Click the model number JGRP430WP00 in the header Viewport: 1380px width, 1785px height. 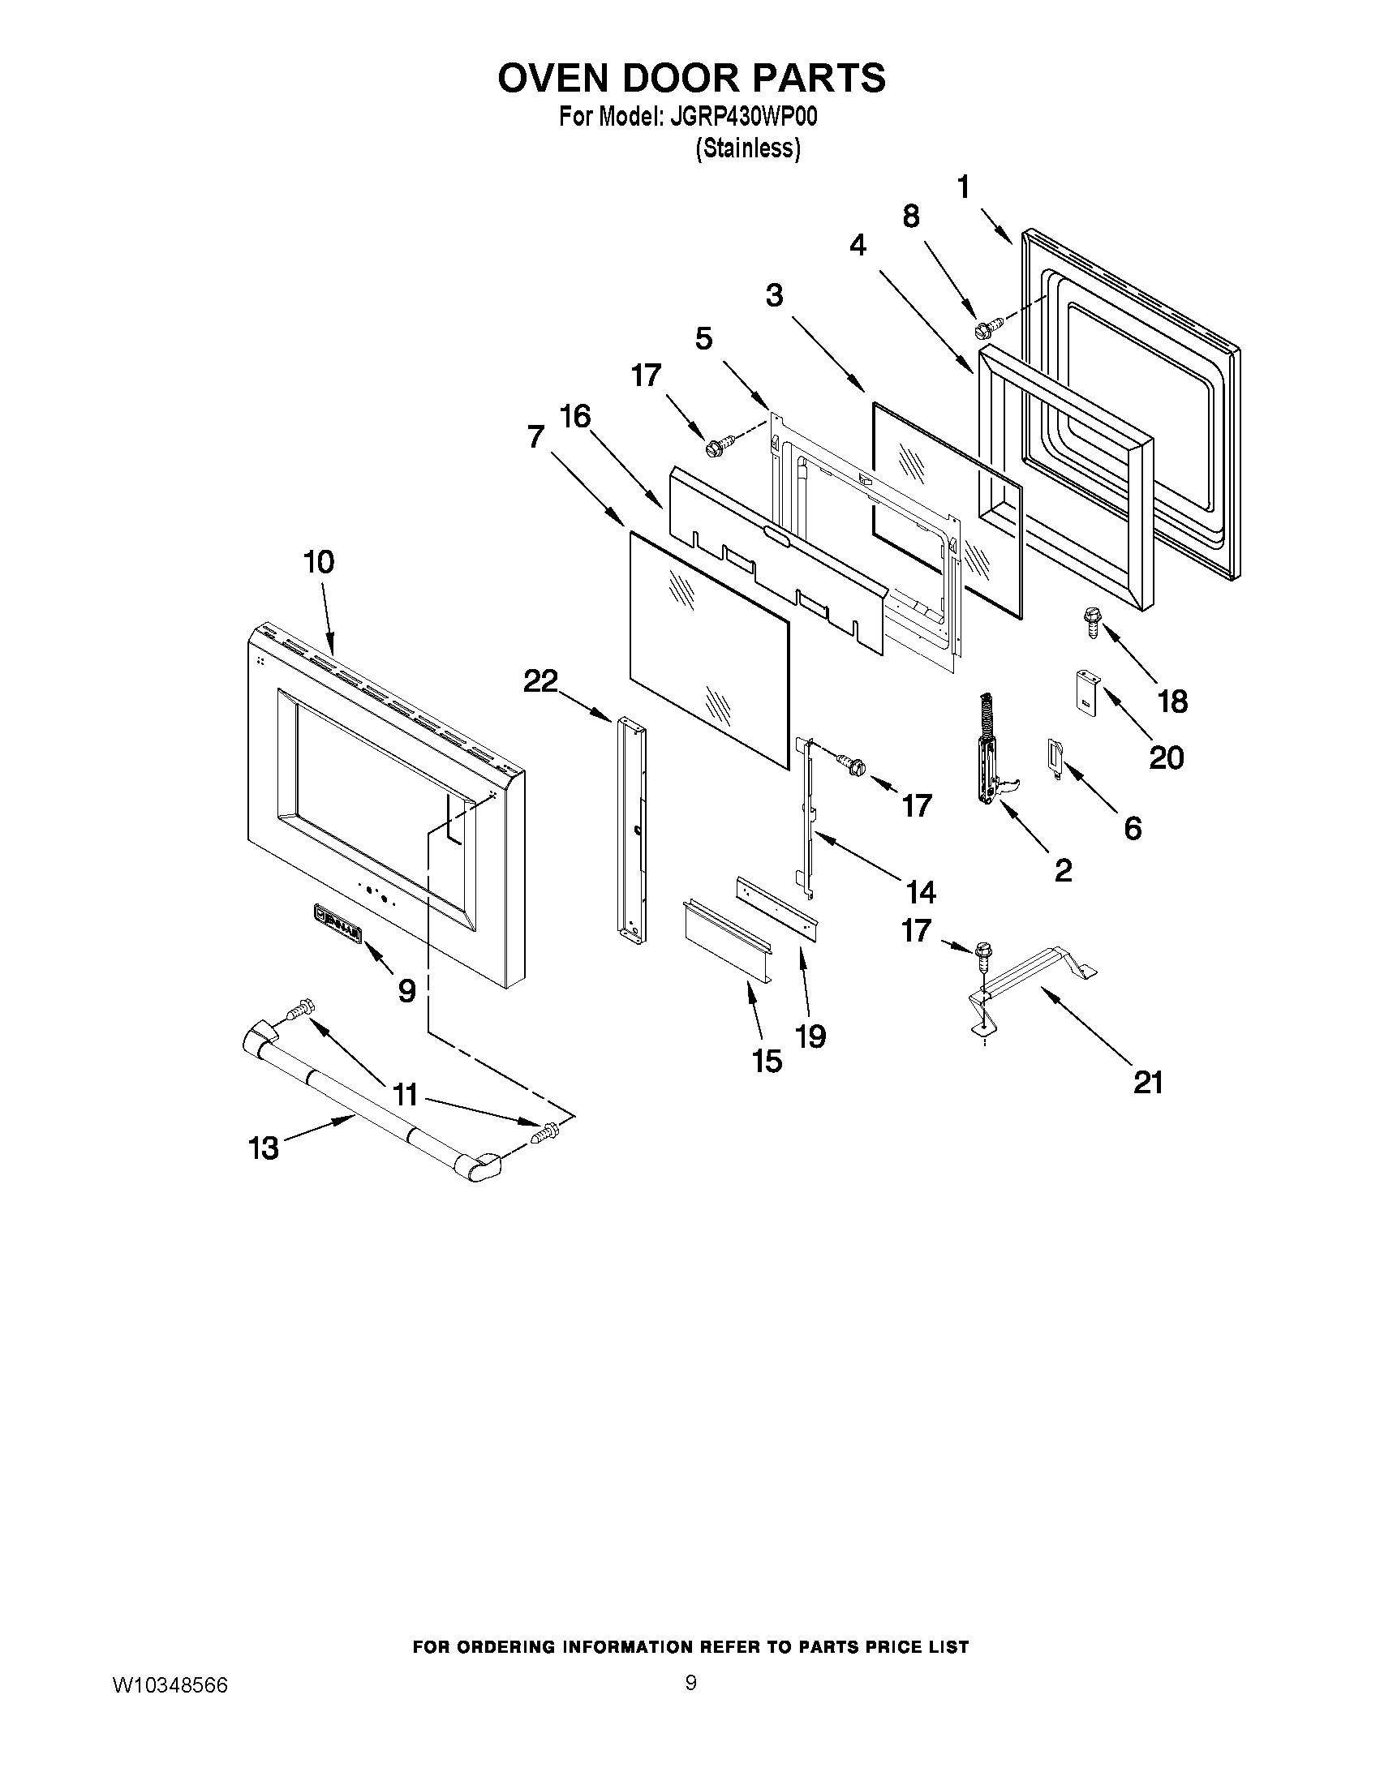pos(743,117)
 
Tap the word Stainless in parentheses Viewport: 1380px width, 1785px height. pos(747,148)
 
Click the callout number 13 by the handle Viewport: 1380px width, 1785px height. pos(263,1148)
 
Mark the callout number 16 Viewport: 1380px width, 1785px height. pos(575,417)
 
